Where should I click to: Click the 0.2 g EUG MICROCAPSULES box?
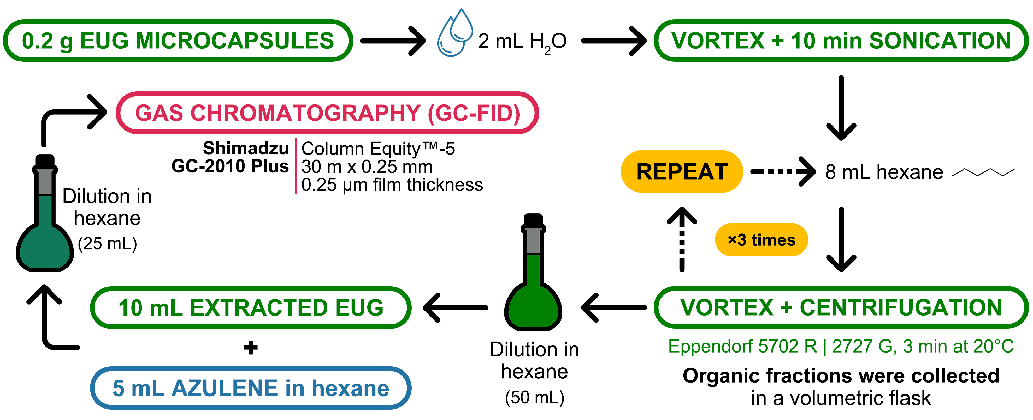178,40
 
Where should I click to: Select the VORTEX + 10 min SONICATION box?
841,40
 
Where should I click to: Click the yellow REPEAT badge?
682,172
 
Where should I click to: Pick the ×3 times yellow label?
761,240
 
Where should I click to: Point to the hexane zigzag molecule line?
984,172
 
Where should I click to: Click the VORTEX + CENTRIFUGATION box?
841,307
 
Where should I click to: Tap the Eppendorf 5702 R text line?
841,346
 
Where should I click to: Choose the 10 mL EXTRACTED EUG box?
251,307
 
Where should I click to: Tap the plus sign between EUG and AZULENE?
251,348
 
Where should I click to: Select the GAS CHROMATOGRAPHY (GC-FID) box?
327,113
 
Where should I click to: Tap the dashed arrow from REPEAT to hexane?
782,172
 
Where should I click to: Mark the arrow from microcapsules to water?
393,41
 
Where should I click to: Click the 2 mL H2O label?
522,42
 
